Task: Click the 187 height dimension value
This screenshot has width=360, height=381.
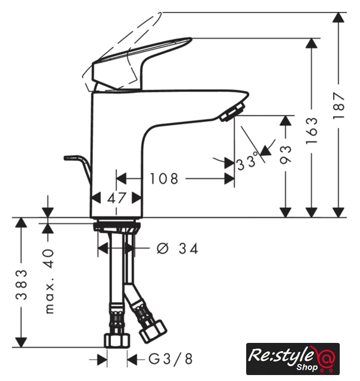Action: point(339,105)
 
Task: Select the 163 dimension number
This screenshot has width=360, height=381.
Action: point(312,131)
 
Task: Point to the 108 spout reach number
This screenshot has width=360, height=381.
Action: point(164,179)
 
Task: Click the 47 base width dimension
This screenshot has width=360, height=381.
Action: point(117,198)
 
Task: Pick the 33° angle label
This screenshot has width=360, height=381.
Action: point(247,161)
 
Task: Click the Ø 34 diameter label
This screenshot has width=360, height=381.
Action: point(178,249)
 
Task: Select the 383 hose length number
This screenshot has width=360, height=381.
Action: point(21,284)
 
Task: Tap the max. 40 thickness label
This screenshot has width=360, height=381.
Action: point(49,281)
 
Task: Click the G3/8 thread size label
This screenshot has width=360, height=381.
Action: point(170,359)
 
